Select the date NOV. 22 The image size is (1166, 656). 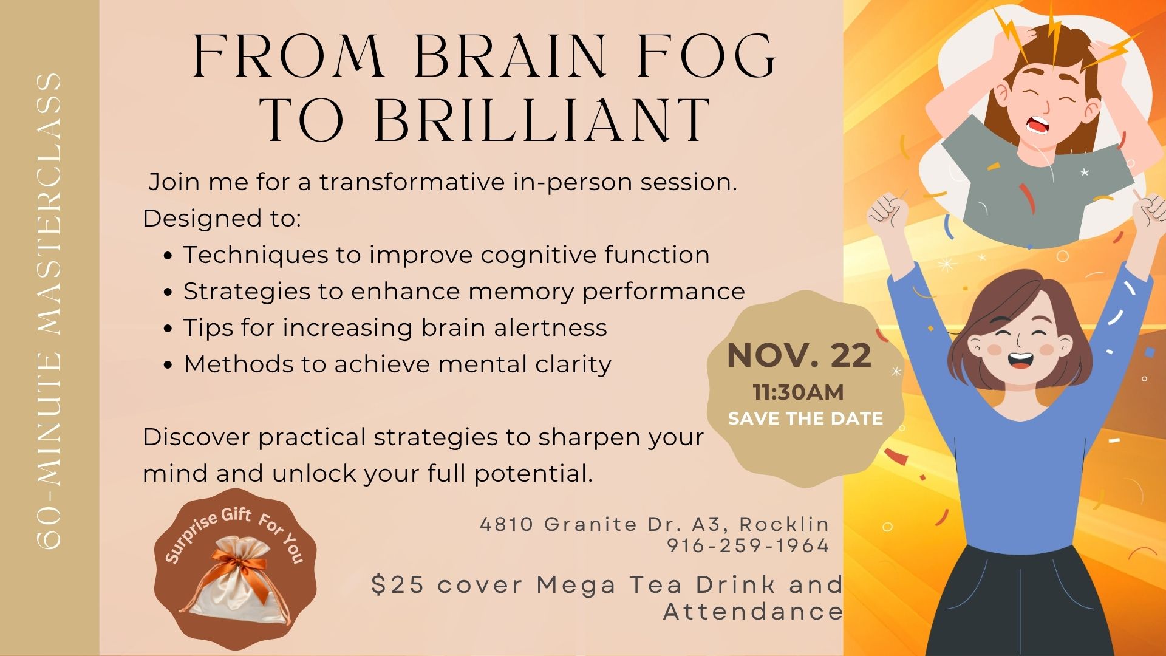click(x=799, y=355)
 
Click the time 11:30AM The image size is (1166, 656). click(x=799, y=392)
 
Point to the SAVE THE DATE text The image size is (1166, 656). click(x=805, y=419)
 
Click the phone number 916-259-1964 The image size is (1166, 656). click(x=748, y=545)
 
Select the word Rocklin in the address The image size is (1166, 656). click(x=784, y=524)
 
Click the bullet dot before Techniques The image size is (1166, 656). click(x=169, y=256)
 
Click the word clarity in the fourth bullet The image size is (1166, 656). click(x=573, y=364)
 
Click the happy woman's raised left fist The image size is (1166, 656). click(x=887, y=213)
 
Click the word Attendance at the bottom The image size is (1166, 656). click(x=753, y=611)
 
